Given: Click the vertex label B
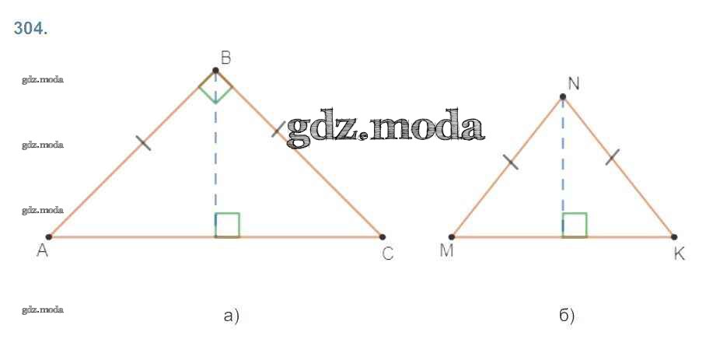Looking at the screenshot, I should pos(225,57).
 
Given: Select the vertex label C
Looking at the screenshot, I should pos(389,254).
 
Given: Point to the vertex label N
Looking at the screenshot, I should pos(573,83).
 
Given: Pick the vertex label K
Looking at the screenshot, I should pos(679,254).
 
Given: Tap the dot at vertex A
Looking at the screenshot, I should pos(49,236).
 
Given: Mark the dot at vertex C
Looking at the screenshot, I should pos(383,236).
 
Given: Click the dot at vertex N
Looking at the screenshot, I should pos(563,97).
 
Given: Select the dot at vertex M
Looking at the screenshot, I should pos(452,236).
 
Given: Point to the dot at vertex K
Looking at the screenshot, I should pos(673,236).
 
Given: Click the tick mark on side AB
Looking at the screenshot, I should pos(142,142).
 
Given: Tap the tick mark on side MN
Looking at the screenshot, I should pos(510,162).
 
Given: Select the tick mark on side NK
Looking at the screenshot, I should pos(612,156).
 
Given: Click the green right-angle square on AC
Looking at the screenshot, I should pos(228,225).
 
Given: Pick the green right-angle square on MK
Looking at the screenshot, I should pos(575,225).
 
